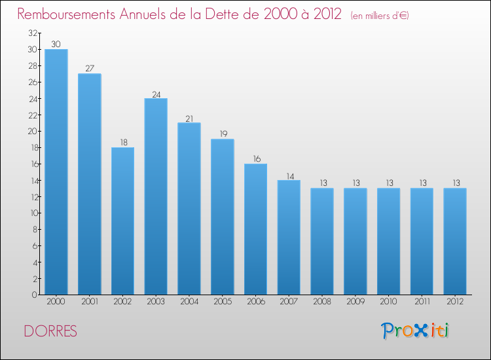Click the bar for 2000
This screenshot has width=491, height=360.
point(56,172)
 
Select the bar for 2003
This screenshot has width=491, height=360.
point(156,196)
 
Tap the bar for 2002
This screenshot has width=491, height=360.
point(123,221)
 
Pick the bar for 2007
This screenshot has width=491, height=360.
point(289,238)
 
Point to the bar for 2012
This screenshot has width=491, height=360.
point(455,242)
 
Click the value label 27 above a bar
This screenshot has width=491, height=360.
point(90,68)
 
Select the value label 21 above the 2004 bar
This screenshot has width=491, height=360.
point(189,118)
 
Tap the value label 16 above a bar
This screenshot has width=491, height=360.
point(257,158)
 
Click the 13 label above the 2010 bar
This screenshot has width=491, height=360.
point(390,183)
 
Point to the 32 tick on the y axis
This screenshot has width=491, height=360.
point(33,33)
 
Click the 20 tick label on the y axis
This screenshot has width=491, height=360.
point(33,131)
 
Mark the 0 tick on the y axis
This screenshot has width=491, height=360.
point(35,295)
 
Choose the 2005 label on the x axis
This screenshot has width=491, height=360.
point(223,302)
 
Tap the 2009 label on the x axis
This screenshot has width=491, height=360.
point(355,302)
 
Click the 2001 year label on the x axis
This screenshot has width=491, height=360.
point(90,302)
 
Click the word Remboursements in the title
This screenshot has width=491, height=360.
point(66,14)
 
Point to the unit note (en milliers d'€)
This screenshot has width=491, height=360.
point(380,16)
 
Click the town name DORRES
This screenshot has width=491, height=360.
point(50,331)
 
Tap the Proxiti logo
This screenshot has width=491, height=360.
point(415,331)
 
